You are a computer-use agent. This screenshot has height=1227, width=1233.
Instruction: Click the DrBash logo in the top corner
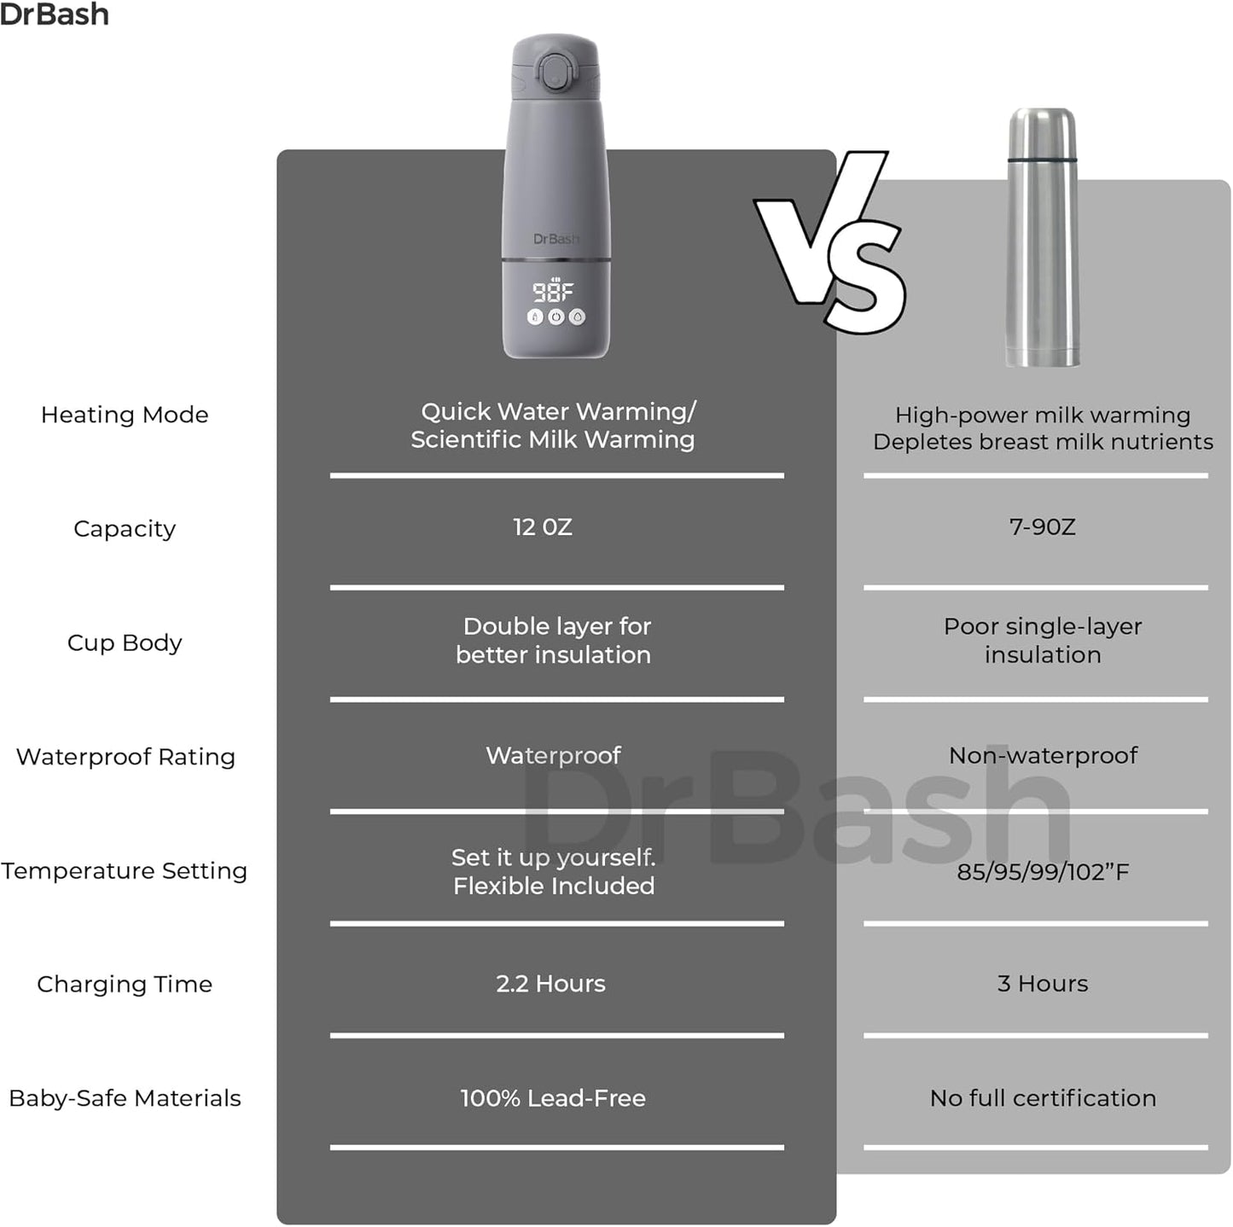(x=55, y=15)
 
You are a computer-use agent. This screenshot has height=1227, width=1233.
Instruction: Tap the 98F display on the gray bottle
(x=554, y=291)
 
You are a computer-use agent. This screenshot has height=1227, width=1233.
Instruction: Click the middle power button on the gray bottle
(x=556, y=317)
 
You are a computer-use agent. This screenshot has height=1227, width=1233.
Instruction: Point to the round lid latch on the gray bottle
(x=554, y=71)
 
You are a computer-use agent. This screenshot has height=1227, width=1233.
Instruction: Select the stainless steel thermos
(x=1042, y=237)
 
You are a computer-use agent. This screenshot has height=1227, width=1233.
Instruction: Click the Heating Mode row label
(x=125, y=415)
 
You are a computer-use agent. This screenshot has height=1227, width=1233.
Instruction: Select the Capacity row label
(x=125, y=529)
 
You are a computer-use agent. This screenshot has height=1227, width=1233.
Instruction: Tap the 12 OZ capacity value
(x=543, y=526)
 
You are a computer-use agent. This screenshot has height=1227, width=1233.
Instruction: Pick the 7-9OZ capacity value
(x=1043, y=526)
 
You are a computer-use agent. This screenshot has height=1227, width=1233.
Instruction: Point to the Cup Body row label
(x=125, y=643)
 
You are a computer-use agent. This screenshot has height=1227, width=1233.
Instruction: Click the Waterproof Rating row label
(x=126, y=757)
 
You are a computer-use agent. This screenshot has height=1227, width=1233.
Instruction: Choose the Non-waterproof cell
(x=1043, y=755)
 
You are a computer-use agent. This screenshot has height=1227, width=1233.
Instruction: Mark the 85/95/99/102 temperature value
(x=1043, y=871)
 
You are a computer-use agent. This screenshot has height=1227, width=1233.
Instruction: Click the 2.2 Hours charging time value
(x=551, y=983)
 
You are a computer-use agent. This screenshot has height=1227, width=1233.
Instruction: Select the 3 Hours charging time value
(x=1043, y=983)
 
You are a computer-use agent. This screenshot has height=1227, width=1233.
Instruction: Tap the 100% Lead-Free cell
(x=554, y=1097)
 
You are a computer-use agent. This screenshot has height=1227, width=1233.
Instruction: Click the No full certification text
(x=1043, y=1097)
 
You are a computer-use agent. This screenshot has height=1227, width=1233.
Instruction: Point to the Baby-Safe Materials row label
(x=125, y=1097)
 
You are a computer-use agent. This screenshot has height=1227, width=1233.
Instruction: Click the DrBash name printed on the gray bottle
(x=556, y=239)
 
